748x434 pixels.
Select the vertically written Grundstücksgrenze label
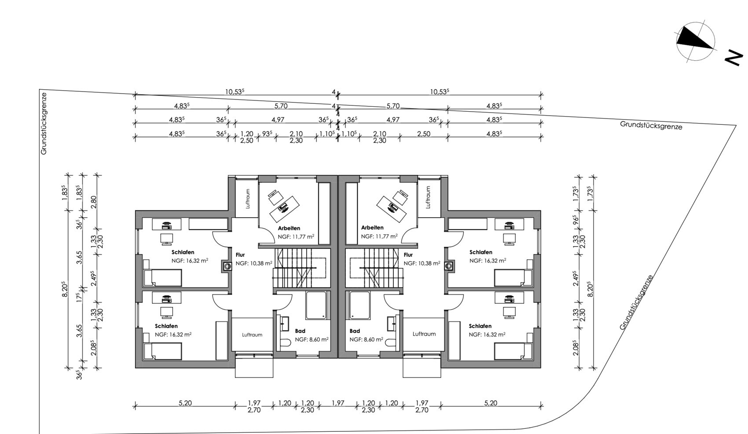44,124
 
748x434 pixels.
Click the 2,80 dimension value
94,202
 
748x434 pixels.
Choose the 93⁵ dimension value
267,134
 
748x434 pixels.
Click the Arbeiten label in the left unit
289,228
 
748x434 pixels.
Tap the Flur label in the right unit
408,255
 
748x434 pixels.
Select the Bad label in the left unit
300,331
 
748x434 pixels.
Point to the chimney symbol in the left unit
227,266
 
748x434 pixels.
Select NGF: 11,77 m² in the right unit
379,236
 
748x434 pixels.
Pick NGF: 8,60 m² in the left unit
312,339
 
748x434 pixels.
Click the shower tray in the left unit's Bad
316,305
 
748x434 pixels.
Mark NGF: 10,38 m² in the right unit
422,263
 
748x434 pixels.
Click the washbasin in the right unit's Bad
392,323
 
